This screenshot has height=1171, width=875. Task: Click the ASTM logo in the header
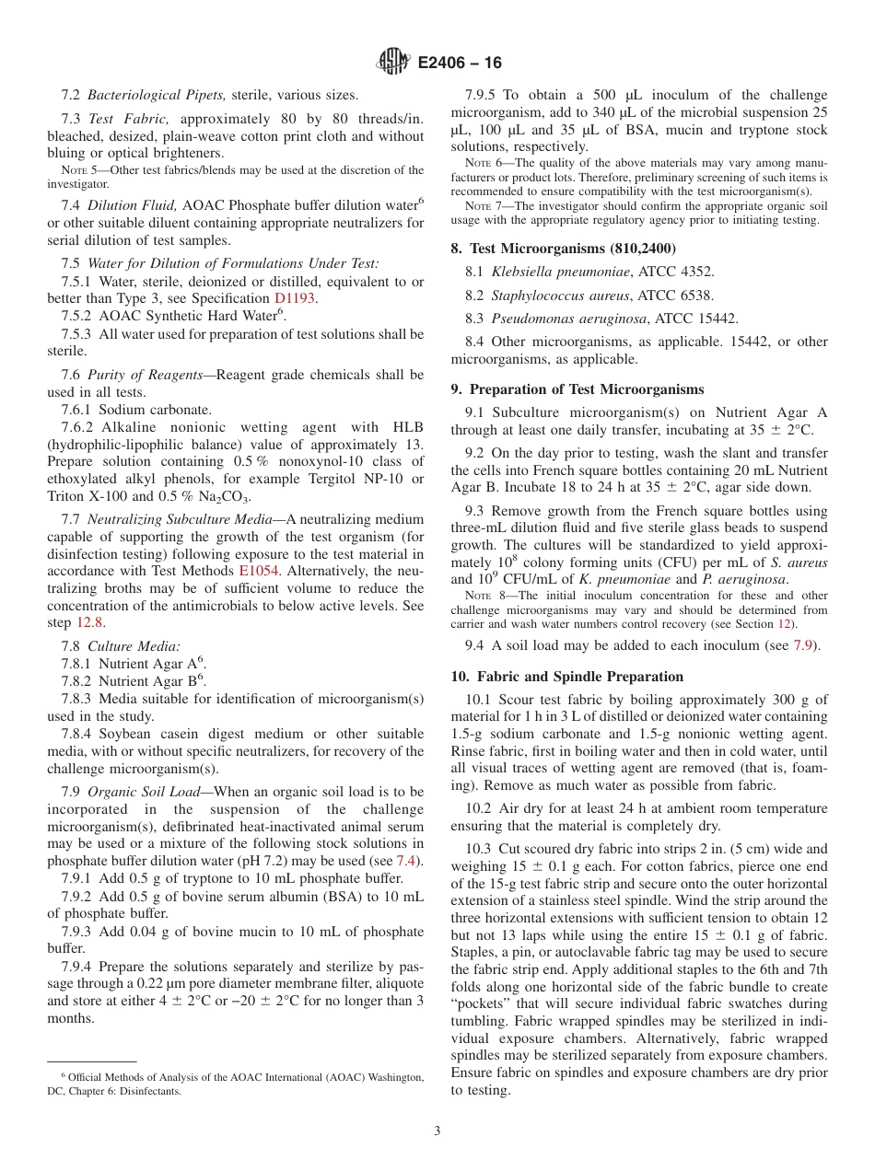pyautogui.click(x=394, y=63)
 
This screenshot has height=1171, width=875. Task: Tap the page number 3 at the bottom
pyautogui.click(x=437, y=1130)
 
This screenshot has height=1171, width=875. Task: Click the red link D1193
pyautogui.click(x=296, y=298)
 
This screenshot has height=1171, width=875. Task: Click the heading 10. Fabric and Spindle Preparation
pyautogui.click(x=566, y=676)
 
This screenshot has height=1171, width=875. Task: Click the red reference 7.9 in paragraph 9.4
pyautogui.click(x=803, y=645)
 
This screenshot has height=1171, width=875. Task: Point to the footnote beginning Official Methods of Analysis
pyautogui.click(x=236, y=1077)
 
